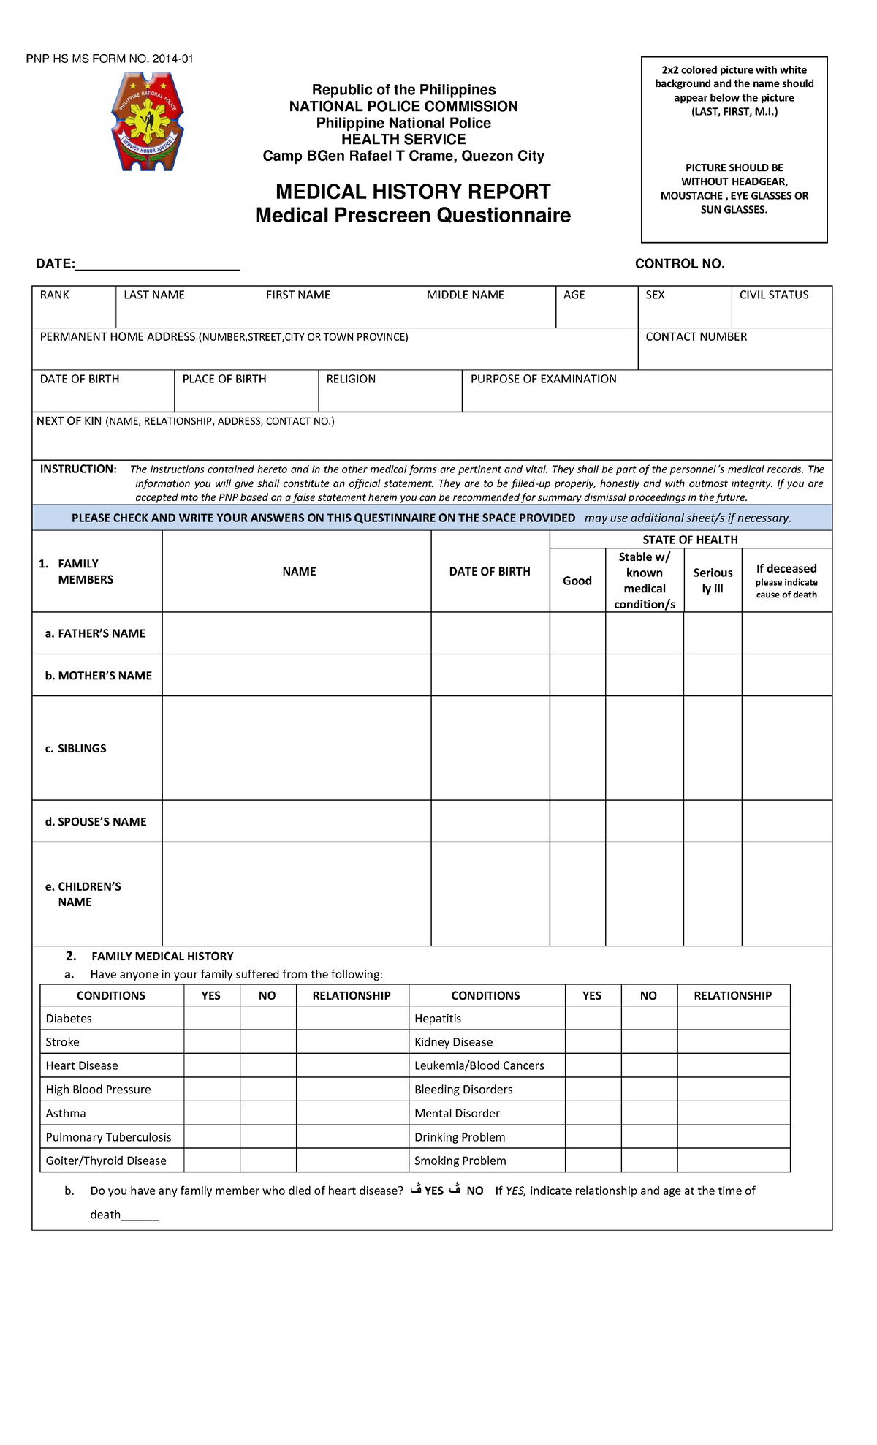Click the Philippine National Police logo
tap(147, 122)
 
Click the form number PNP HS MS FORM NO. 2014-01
tap(110, 59)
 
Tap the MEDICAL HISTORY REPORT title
tap(413, 192)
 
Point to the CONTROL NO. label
tap(680, 264)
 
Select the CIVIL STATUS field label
tap(773, 295)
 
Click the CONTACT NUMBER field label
tap(696, 337)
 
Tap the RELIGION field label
tap(351, 380)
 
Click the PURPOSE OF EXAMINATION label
tap(543, 380)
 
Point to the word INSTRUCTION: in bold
tap(78, 469)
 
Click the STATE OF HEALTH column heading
tap(690, 540)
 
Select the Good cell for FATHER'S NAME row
tap(577, 633)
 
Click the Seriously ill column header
tap(713, 581)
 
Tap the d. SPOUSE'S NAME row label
tap(96, 822)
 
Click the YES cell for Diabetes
tap(211, 1019)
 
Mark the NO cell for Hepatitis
tap(648, 1019)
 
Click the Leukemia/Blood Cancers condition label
tap(479, 1066)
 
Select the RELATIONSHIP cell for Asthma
tap(352, 1114)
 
